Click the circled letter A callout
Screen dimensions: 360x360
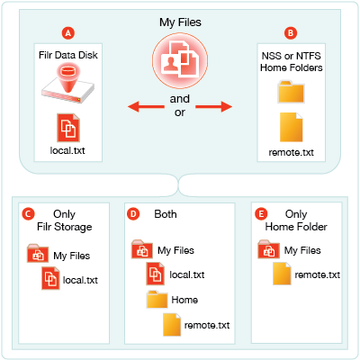(x=68, y=33)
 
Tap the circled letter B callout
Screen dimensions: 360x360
(x=291, y=33)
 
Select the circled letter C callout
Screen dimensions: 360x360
(x=28, y=214)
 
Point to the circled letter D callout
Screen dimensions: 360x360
(x=133, y=214)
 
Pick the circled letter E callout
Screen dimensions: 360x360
(x=261, y=214)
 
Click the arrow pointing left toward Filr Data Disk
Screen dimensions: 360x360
(x=146, y=106)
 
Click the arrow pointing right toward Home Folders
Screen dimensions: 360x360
(x=213, y=106)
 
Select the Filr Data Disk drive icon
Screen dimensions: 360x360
(x=68, y=84)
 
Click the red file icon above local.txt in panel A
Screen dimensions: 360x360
(x=68, y=128)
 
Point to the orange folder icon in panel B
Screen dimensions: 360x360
(x=291, y=92)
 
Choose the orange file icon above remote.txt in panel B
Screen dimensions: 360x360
(x=291, y=127)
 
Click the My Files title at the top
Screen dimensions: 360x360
(x=180, y=22)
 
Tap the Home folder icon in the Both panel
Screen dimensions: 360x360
(x=157, y=299)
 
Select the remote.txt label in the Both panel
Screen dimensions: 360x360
(x=207, y=325)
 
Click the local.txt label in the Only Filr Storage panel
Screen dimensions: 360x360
(x=80, y=280)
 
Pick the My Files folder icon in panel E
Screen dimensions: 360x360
(x=268, y=249)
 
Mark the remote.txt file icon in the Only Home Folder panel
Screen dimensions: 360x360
(x=282, y=274)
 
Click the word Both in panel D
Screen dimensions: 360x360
(x=166, y=214)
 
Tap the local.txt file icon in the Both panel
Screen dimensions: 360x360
(x=155, y=274)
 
